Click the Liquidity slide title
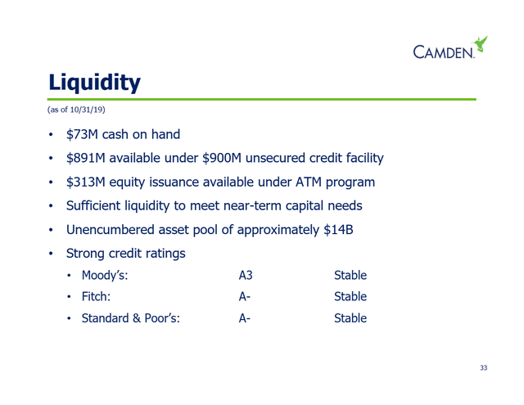[x=95, y=83]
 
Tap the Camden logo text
[x=444, y=52]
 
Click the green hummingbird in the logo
[x=480, y=43]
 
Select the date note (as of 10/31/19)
[x=76, y=110]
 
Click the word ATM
[x=309, y=182]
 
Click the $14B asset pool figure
[x=338, y=230]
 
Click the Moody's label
[x=105, y=276]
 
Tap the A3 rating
[x=246, y=276]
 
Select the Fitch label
[x=97, y=296]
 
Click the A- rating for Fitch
[x=245, y=296]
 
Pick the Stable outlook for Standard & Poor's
[x=350, y=318]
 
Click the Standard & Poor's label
[x=131, y=318]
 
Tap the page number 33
[x=484, y=367]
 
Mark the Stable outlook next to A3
[x=350, y=276]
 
